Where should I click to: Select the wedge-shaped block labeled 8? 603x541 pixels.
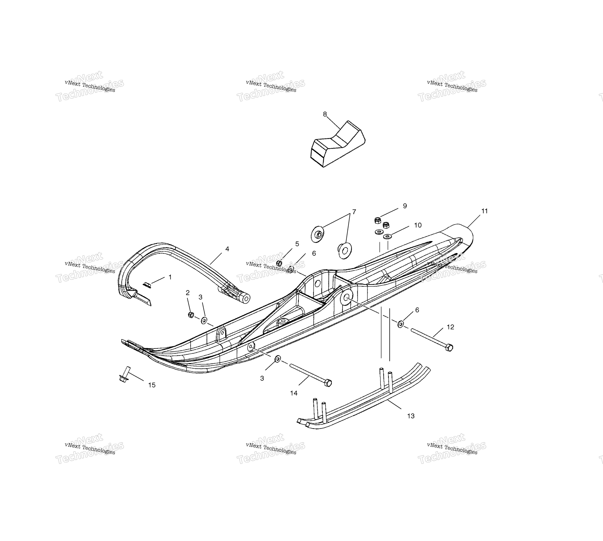[x=338, y=144]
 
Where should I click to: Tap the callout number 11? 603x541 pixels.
[x=484, y=211]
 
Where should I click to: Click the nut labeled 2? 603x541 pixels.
[x=191, y=315]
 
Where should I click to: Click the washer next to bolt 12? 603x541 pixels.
[x=400, y=324]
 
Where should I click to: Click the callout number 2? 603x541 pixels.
[x=188, y=293]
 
